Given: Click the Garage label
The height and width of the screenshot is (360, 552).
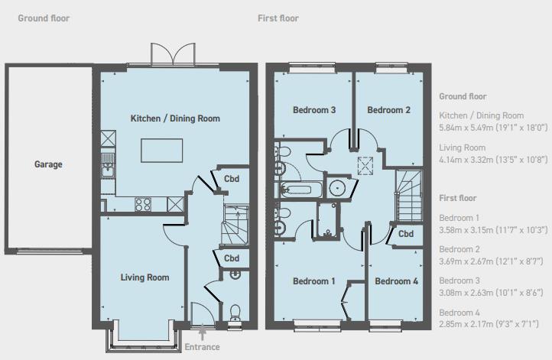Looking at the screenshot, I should [x=48, y=164].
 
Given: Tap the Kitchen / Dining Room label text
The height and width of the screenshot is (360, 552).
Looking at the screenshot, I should [x=175, y=118].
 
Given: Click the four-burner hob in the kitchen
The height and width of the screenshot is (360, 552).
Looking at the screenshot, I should [x=143, y=204].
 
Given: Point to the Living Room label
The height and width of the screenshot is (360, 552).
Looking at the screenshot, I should [x=144, y=277].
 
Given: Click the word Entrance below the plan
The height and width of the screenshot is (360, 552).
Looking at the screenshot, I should [x=202, y=347].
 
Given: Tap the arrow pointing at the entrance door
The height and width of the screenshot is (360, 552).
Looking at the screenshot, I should [x=202, y=334].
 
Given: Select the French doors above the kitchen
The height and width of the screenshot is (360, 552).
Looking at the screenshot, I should [x=168, y=56].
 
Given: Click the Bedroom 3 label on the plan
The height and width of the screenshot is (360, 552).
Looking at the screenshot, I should [x=314, y=110].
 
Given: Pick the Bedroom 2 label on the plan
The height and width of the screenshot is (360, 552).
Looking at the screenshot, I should [x=388, y=110].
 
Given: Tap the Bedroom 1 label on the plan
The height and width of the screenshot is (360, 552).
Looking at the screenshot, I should [x=314, y=281].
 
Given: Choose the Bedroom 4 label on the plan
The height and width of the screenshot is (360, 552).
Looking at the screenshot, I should [x=396, y=281].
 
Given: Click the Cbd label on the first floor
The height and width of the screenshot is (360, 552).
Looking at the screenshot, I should [x=406, y=234].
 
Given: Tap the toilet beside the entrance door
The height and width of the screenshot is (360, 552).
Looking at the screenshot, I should [x=235, y=312].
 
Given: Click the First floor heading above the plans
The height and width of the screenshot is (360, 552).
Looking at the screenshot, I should [x=278, y=18].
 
